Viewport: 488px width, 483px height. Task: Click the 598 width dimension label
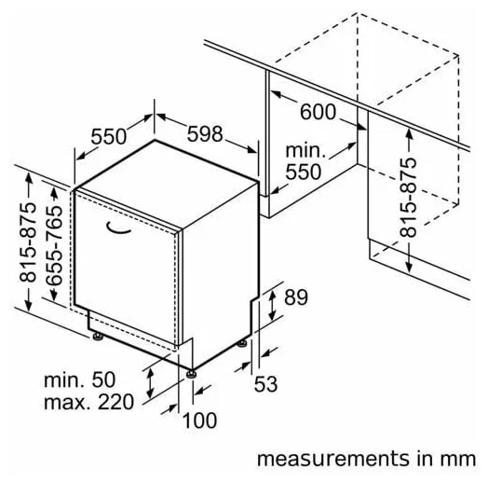click(205, 134)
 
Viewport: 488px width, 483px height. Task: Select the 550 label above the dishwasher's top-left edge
click(109, 136)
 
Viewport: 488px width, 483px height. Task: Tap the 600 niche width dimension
click(319, 112)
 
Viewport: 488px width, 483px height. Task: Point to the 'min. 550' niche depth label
click(304, 161)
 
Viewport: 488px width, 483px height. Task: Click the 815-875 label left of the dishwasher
click(28, 242)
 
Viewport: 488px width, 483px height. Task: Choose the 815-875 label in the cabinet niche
click(408, 198)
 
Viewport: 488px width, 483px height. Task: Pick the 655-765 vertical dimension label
click(54, 245)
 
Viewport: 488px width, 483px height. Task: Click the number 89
click(296, 297)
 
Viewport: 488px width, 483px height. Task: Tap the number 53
click(265, 384)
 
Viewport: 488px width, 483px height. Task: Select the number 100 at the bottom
click(199, 421)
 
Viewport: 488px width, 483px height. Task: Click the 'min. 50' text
click(80, 379)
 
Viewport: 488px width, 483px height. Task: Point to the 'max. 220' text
click(89, 402)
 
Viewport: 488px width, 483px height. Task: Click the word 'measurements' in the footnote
click(333, 459)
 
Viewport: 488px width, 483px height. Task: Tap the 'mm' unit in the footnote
click(458, 461)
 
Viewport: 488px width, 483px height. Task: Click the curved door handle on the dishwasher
click(118, 228)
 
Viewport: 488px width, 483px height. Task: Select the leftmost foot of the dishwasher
click(98, 337)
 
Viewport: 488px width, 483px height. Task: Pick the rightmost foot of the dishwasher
click(242, 343)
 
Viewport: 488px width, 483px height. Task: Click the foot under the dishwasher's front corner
click(191, 373)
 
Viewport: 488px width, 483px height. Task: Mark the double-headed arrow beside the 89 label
click(272, 305)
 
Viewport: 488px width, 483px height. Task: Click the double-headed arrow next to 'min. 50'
click(151, 382)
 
